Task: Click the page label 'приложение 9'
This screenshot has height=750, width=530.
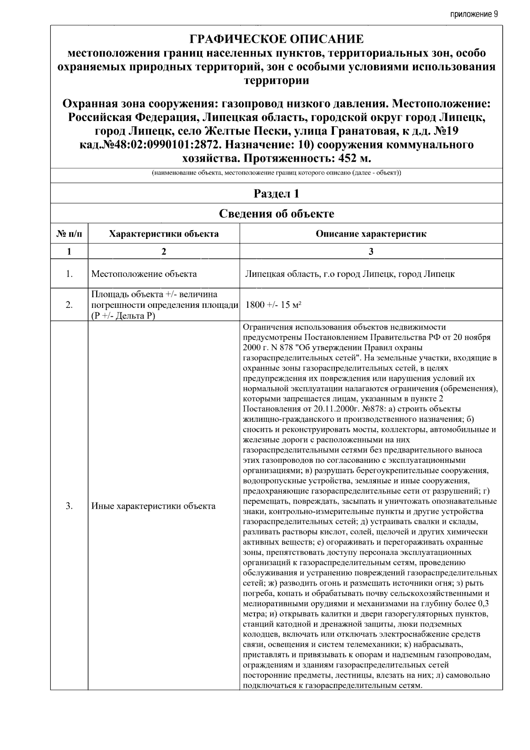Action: pos(474,14)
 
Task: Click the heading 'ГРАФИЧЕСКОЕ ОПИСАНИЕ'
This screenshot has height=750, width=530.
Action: pos(276,39)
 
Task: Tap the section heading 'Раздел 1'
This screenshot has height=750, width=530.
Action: pos(276,194)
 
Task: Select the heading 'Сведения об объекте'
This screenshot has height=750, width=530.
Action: pos(276,214)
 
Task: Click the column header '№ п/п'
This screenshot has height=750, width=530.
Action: pos(69,234)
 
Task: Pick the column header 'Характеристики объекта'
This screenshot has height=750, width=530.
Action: pos(164,234)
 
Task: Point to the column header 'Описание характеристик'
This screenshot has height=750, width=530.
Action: pos(371,234)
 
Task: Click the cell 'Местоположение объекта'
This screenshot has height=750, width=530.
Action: pos(144,274)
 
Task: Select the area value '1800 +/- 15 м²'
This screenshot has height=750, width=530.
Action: pos(273,305)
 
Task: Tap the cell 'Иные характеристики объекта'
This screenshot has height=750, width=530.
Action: pos(153,506)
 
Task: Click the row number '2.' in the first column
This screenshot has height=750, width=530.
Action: pos(69,305)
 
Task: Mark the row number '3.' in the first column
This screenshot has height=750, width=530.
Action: pos(69,506)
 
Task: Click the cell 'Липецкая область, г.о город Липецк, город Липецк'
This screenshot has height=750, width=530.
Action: pos(350,274)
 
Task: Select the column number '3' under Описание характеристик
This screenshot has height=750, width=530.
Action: pos(371,252)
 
